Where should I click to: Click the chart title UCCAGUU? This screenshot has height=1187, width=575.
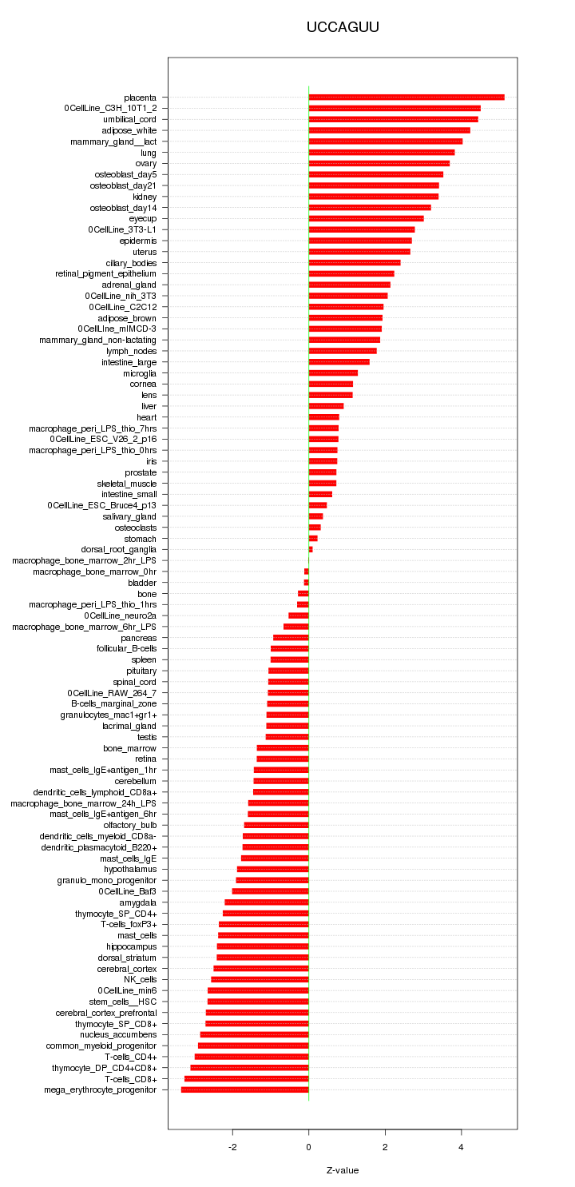343,27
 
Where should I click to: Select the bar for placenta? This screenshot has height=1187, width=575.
406,98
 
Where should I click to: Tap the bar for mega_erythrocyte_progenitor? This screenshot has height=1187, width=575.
244,1089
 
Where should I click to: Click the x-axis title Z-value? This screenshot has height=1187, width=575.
343,1170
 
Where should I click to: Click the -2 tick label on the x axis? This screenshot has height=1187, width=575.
232,1147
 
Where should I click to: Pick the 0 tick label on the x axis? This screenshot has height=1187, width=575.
308,1147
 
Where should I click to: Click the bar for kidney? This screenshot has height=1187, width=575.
374,197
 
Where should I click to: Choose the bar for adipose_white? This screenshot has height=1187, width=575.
390,130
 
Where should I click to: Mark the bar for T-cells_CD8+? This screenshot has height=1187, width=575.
246,1078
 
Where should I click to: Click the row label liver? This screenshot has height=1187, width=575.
149,406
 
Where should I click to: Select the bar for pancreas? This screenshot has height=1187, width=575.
291,638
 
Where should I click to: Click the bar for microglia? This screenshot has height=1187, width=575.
333,373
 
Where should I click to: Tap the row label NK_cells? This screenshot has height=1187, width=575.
140,979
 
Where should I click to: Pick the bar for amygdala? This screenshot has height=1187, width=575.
267,902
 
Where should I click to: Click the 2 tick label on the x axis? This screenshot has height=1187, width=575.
385,1147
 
